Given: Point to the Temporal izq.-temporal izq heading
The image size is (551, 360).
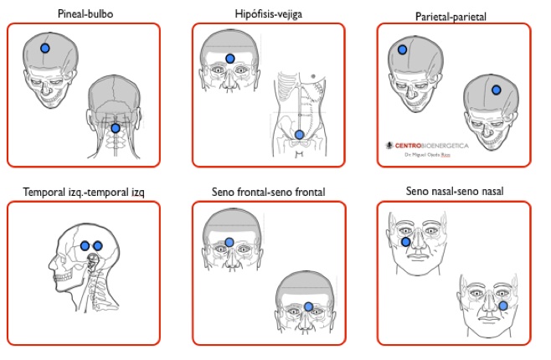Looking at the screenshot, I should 84,193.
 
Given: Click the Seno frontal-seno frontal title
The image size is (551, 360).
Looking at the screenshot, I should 269,193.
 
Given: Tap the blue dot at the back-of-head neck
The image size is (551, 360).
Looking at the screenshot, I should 115,128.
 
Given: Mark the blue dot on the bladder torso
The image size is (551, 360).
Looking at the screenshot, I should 299,134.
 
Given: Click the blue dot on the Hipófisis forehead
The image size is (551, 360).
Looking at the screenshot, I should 230,59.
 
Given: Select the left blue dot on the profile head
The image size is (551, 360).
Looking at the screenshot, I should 85,245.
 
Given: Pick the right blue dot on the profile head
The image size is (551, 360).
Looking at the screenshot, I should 97,245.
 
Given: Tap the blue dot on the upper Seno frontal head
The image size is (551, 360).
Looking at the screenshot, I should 229,243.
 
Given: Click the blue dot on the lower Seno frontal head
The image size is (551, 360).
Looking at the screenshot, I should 308,307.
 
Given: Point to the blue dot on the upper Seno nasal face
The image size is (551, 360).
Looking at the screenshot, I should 406,242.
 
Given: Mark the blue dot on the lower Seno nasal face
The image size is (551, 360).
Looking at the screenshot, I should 503,306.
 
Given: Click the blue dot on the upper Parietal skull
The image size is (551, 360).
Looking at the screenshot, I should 405,50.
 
